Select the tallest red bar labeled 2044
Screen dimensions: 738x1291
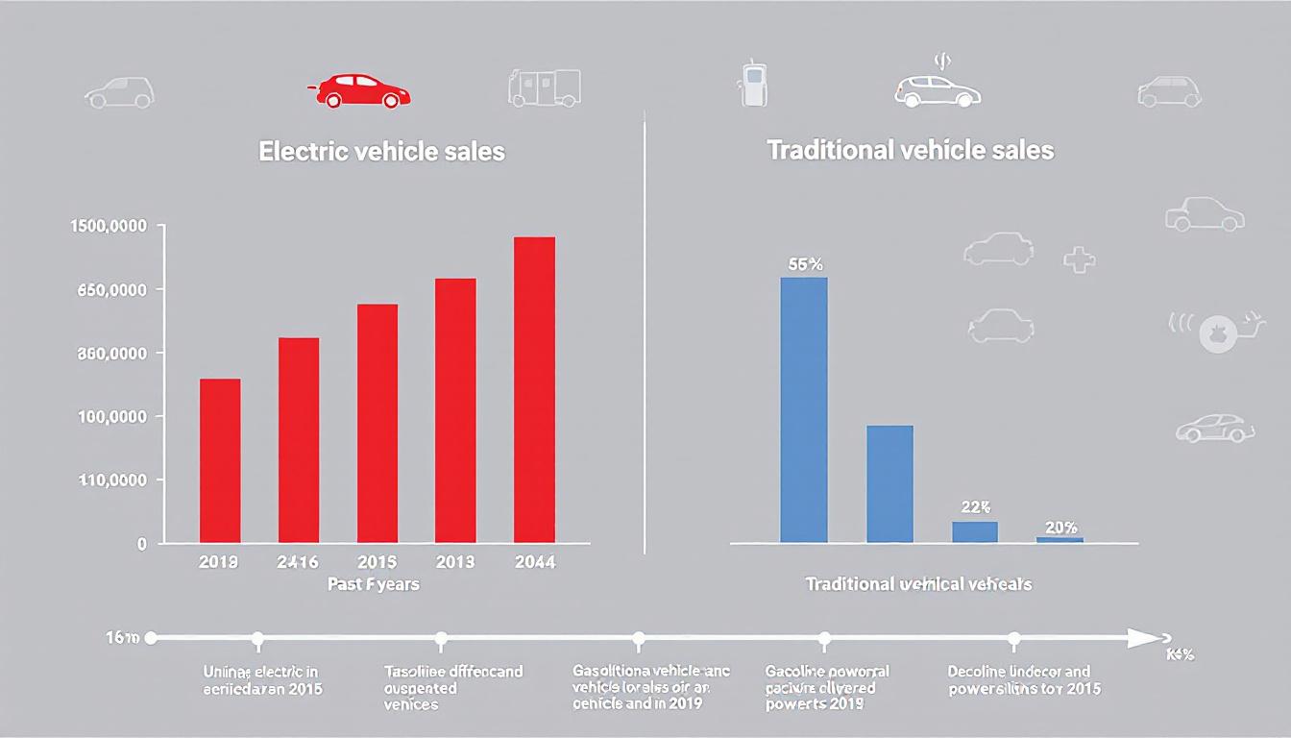(534, 389)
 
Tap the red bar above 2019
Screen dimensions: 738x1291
(220, 460)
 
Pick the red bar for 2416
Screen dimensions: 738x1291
(299, 440)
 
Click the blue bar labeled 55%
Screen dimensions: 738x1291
(803, 409)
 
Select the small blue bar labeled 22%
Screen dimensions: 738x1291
(975, 531)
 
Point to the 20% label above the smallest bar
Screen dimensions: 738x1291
(1060, 528)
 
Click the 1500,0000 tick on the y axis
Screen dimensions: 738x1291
(109, 226)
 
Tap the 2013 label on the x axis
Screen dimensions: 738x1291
(454, 562)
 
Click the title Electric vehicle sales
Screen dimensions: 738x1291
(381, 152)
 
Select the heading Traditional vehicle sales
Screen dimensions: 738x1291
(910, 151)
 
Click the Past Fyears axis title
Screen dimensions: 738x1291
(373, 583)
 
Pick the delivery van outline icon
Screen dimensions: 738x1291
(544, 87)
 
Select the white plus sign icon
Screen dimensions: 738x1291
(1080, 259)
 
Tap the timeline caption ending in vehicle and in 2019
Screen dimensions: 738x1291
(638, 687)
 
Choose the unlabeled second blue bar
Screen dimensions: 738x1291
(889, 483)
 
